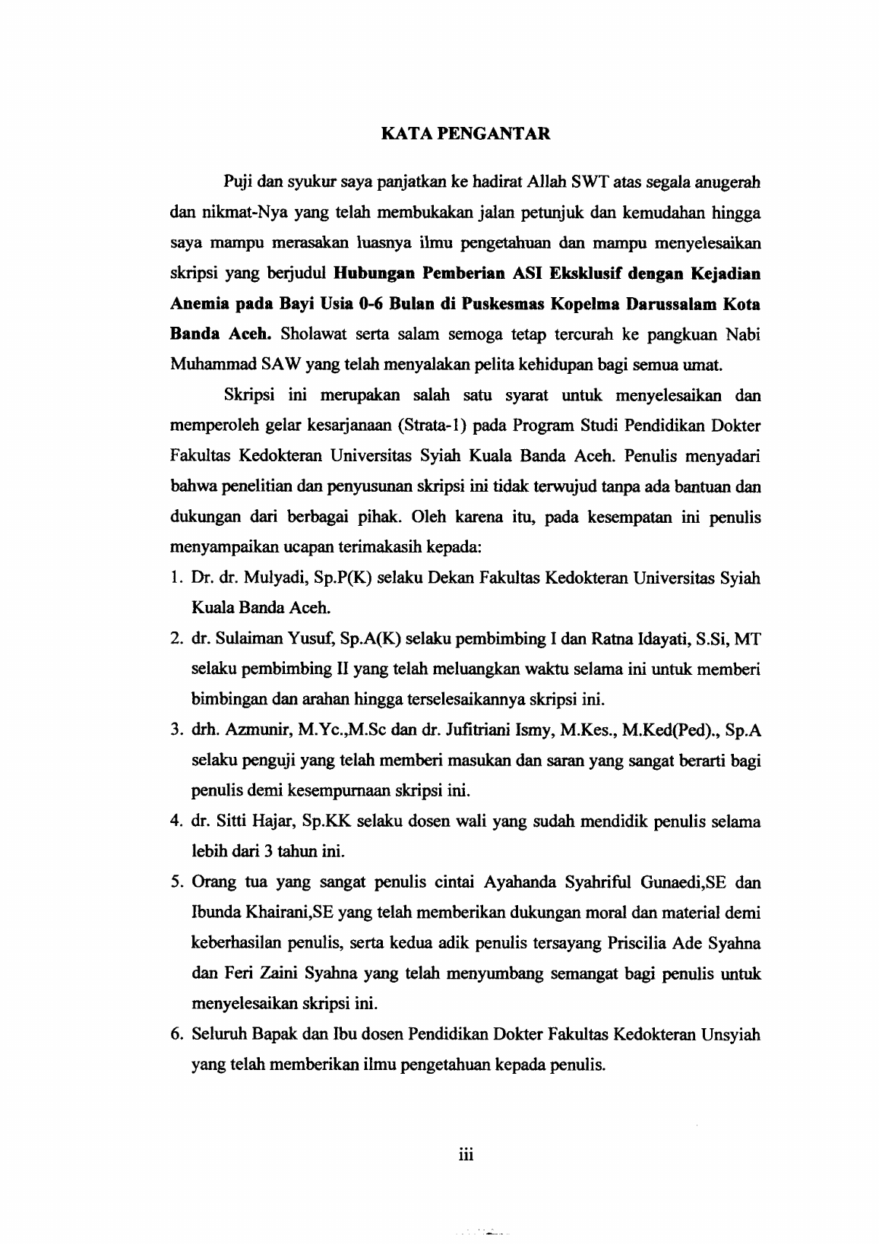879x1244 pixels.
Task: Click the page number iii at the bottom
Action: (466, 1154)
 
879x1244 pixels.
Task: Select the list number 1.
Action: (175, 578)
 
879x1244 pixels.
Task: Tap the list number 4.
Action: (175, 821)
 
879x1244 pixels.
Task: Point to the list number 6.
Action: (175, 1034)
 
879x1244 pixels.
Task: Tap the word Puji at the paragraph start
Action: (237, 182)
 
